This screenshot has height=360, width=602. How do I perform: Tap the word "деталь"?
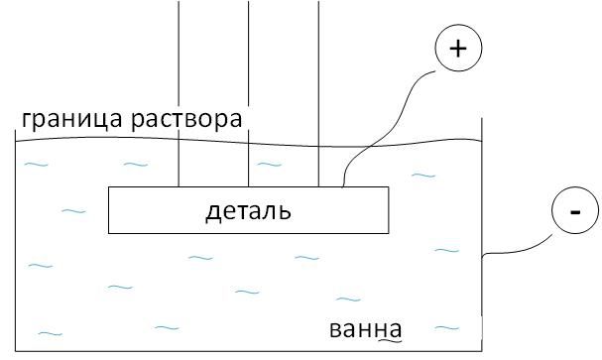pyautogui.click(x=248, y=211)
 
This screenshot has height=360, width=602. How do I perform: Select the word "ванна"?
pyautogui.click(x=366, y=329)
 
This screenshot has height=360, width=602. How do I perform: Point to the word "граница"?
pyautogui.click(x=72, y=119)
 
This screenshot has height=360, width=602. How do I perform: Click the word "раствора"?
pyautogui.click(x=186, y=120)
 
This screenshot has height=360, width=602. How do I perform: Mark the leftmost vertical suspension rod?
pyautogui.click(x=179, y=93)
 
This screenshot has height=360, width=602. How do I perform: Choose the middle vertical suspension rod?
pyautogui.click(x=248, y=93)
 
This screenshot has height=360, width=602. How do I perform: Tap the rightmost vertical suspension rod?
pyautogui.click(x=318, y=93)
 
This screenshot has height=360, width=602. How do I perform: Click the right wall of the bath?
pyautogui.click(x=481, y=234)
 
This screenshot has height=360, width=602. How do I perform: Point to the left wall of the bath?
pyautogui.click(x=15, y=240)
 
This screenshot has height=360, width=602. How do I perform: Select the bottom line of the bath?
pyautogui.click(x=248, y=351)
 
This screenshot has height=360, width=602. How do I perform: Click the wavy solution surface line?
pyautogui.click(x=248, y=143)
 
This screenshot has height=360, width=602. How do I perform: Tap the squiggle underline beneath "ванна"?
pyautogui.click(x=391, y=340)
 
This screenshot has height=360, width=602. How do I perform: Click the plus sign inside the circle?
pyautogui.click(x=458, y=49)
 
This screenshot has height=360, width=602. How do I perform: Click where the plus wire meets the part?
pyautogui.click(x=342, y=186)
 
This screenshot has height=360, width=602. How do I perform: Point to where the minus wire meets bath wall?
pyautogui.click(x=482, y=256)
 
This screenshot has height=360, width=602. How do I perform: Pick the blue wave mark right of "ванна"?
pyautogui.click(x=447, y=328)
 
